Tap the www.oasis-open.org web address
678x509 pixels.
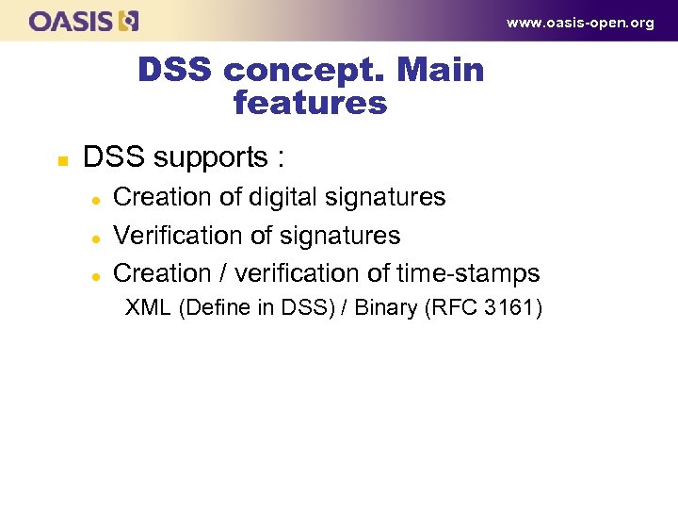tap(580, 23)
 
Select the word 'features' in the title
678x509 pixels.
tap(310, 103)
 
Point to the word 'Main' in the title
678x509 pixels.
tap(442, 71)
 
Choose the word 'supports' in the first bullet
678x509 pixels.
tap(204, 157)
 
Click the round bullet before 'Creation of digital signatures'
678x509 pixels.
tap(95, 198)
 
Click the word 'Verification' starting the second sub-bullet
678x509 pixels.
tap(176, 235)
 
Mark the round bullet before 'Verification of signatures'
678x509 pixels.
tap(95, 237)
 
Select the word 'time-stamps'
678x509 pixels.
tap(468, 273)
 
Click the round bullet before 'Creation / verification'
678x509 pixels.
tap(95, 275)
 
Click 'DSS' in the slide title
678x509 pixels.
tap(176, 71)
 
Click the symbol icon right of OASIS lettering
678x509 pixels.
tap(129, 20)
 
